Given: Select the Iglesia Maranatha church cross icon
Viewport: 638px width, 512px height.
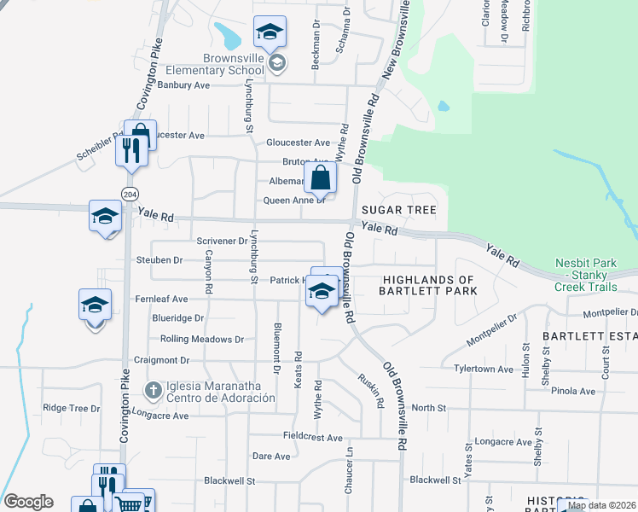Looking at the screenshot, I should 153,391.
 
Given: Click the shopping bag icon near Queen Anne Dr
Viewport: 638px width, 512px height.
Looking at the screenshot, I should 321,179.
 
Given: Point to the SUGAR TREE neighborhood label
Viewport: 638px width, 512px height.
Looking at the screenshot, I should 398,210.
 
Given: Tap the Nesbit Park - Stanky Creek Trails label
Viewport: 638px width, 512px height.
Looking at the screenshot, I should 596,270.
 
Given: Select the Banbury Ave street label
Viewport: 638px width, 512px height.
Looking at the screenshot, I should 183,85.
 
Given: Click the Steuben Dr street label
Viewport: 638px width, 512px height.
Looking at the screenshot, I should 166,259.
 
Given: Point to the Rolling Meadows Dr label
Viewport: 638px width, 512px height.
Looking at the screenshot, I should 202,339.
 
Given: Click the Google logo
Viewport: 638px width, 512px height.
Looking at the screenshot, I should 27,502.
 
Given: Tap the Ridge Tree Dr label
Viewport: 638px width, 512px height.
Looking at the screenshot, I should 72,408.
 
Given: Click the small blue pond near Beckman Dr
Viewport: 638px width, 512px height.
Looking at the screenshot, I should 228,36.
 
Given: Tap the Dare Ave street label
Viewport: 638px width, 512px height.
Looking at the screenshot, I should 271,457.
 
